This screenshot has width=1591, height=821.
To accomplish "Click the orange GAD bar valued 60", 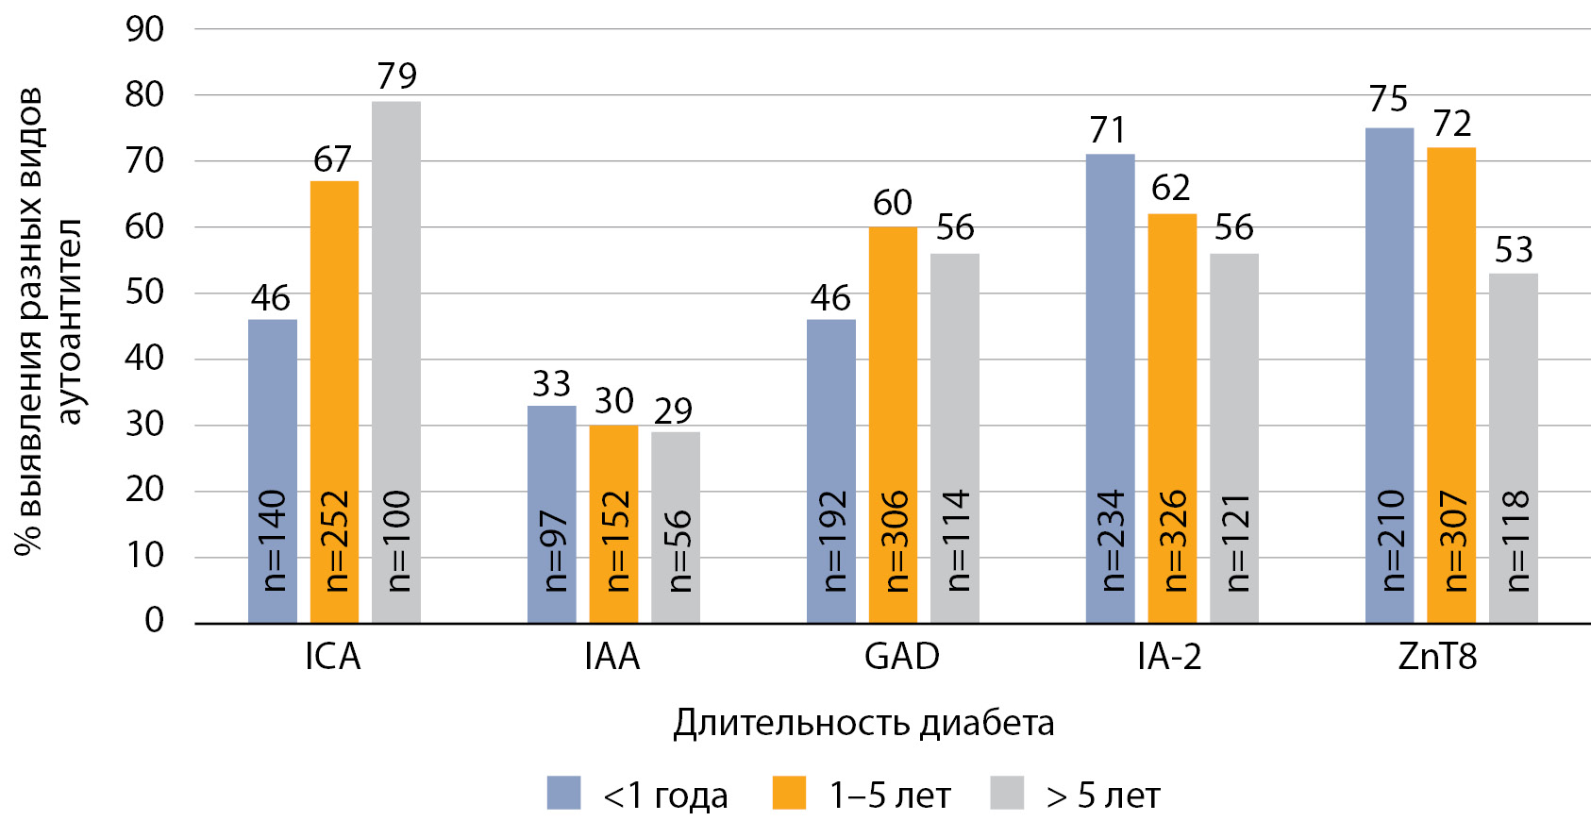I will [x=893, y=425].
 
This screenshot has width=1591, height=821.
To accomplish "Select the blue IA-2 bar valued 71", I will [x=1110, y=388].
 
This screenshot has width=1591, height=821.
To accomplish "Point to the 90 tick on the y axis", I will [x=144, y=29].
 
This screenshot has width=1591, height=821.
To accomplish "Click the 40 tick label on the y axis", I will [x=144, y=358].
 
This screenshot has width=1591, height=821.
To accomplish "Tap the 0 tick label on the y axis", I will [x=154, y=620].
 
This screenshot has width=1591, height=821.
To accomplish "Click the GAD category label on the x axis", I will [x=902, y=657].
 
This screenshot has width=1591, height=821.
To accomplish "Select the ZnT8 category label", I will [x=1437, y=657].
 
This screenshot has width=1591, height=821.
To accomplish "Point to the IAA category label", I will [x=612, y=657].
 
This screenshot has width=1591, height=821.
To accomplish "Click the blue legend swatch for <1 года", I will [x=563, y=793].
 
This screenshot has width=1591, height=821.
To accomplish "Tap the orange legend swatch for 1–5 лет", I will [x=789, y=793].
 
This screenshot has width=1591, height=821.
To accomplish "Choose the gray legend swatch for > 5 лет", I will [x=1007, y=793].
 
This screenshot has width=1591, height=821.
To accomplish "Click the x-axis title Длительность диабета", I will [x=863, y=723].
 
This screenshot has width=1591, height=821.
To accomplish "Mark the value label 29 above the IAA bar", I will [x=674, y=410].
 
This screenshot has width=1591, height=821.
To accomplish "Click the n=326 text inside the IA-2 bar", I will [x=1173, y=541].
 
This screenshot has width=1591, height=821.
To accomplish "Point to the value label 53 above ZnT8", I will [x=1514, y=250].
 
